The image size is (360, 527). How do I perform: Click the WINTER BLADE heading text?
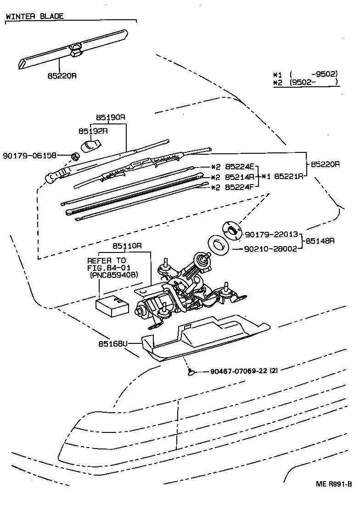click(x=35, y=16)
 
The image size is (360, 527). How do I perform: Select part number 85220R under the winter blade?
click(x=61, y=76)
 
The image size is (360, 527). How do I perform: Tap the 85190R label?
click(x=110, y=118)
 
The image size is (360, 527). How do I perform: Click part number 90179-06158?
click(x=29, y=156)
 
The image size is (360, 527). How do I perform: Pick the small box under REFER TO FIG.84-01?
click(x=113, y=305)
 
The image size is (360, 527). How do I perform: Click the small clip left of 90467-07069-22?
click(x=190, y=372)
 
